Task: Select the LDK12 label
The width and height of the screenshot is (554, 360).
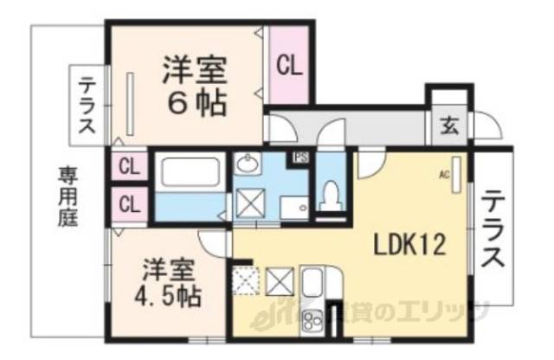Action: [x=409, y=246]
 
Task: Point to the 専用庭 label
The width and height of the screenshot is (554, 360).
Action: [x=68, y=196]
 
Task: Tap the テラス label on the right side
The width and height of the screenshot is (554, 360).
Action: [x=493, y=228]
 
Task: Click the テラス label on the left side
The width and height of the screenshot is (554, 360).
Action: [x=87, y=107]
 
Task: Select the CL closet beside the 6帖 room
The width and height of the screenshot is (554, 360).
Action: [x=289, y=66]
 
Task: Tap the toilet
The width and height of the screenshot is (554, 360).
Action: [x=330, y=196]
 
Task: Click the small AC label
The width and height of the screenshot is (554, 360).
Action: [x=445, y=173]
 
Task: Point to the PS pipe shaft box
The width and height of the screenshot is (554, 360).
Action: [x=301, y=157]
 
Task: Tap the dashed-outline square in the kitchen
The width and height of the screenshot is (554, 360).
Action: [x=245, y=281]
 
